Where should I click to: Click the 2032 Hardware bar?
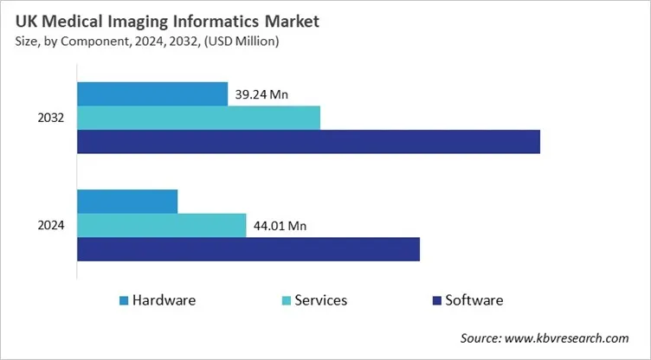(152, 93)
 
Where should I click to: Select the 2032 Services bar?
(198, 118)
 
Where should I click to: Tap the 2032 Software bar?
(308, 142)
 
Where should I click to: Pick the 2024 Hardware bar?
(127, 202)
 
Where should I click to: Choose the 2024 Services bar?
(161, 225)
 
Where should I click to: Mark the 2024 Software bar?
(248, 249)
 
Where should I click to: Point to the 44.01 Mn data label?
(280, 227)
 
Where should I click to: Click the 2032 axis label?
(51, 118)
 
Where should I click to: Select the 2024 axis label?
(51, 226)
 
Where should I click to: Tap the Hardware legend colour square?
(124, 301)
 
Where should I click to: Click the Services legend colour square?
(286, 301)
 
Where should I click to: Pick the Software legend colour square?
(436, 301)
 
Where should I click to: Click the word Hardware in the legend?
(164, 300)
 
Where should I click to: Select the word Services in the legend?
(321, 300)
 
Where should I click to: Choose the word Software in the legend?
(474, 300)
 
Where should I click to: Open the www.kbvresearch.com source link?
(576, 337)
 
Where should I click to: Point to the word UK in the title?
(26, 19)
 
